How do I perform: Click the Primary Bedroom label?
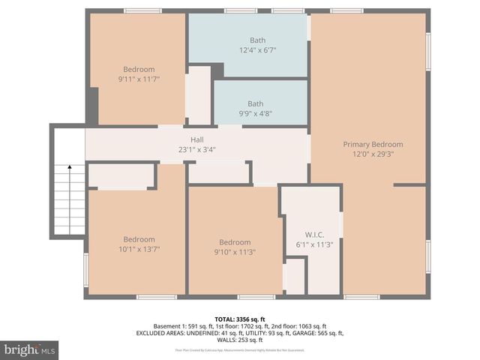(373, 144)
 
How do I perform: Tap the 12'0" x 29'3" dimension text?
(373, 154)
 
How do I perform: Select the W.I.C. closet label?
(313, 233)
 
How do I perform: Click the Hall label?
(197, 139)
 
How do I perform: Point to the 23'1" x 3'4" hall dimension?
(197, 148)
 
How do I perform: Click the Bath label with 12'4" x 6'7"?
(256, 40)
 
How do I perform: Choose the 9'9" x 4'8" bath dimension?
(256, 114)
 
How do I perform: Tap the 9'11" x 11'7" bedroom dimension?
(139, 79)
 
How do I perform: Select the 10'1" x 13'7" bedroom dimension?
(139, 249)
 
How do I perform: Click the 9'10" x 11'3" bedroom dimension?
(234, 252)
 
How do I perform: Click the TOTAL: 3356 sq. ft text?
(239, 319)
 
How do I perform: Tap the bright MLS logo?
(30, 349)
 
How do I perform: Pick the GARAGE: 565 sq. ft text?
(316, 333)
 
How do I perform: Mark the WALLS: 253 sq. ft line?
(239, 340)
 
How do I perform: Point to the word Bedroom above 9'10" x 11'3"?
(234, 242)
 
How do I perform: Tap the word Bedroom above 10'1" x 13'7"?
(139, 239)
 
